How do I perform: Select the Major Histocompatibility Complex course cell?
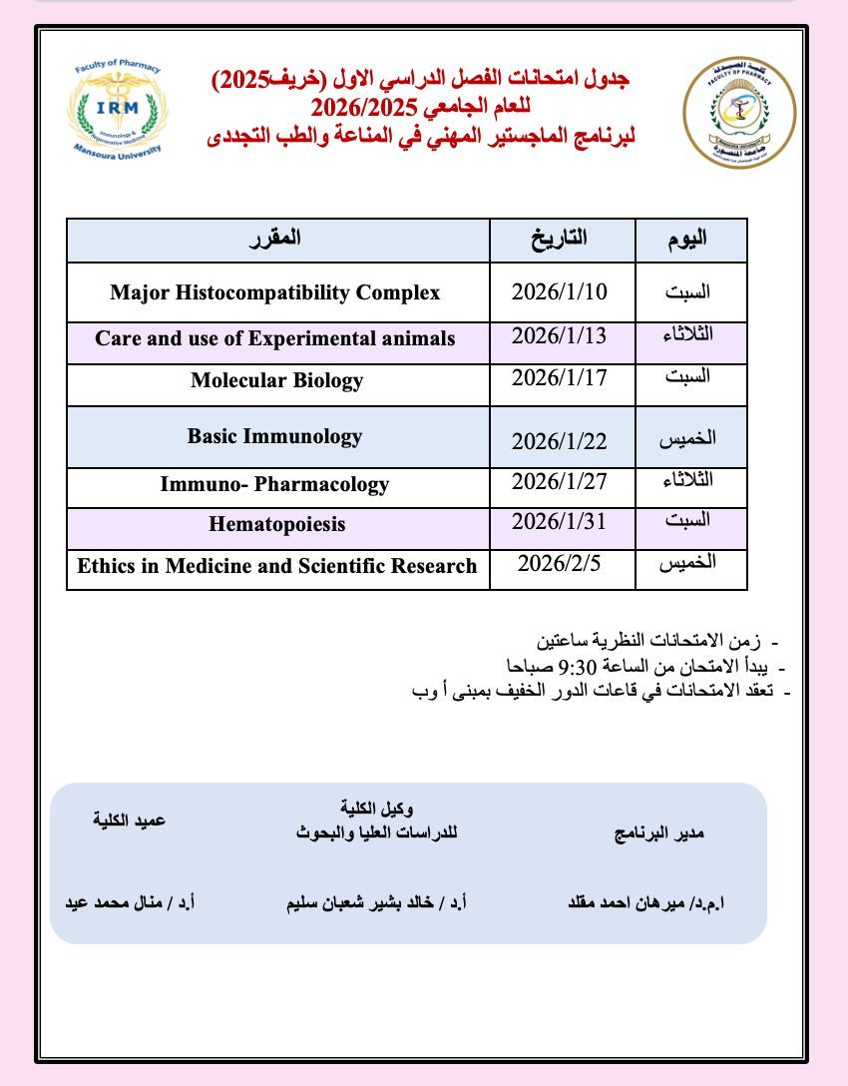coord(275,292)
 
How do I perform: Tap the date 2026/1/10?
coord(559,291)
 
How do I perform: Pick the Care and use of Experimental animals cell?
coord(275,338)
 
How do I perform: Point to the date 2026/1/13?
coord(559,335)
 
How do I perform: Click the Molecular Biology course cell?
coord(276,380)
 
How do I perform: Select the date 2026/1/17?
coord(559,378)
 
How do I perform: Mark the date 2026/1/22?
coord(559,441)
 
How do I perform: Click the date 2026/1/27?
coord(559,482)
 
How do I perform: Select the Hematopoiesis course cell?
coord(277,523)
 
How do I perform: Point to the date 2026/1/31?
coord(559,521)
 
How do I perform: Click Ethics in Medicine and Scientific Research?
coord(277,566)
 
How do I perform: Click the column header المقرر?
coord(276,240)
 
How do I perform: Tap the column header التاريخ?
coord(562,240)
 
